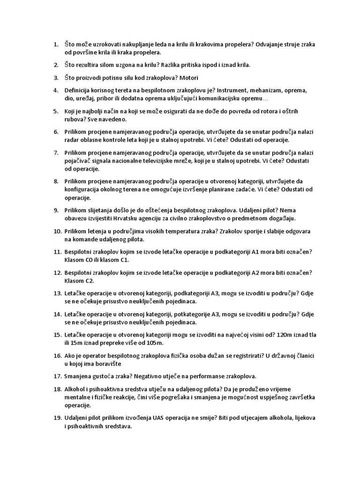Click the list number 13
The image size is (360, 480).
tap(57, 293)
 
